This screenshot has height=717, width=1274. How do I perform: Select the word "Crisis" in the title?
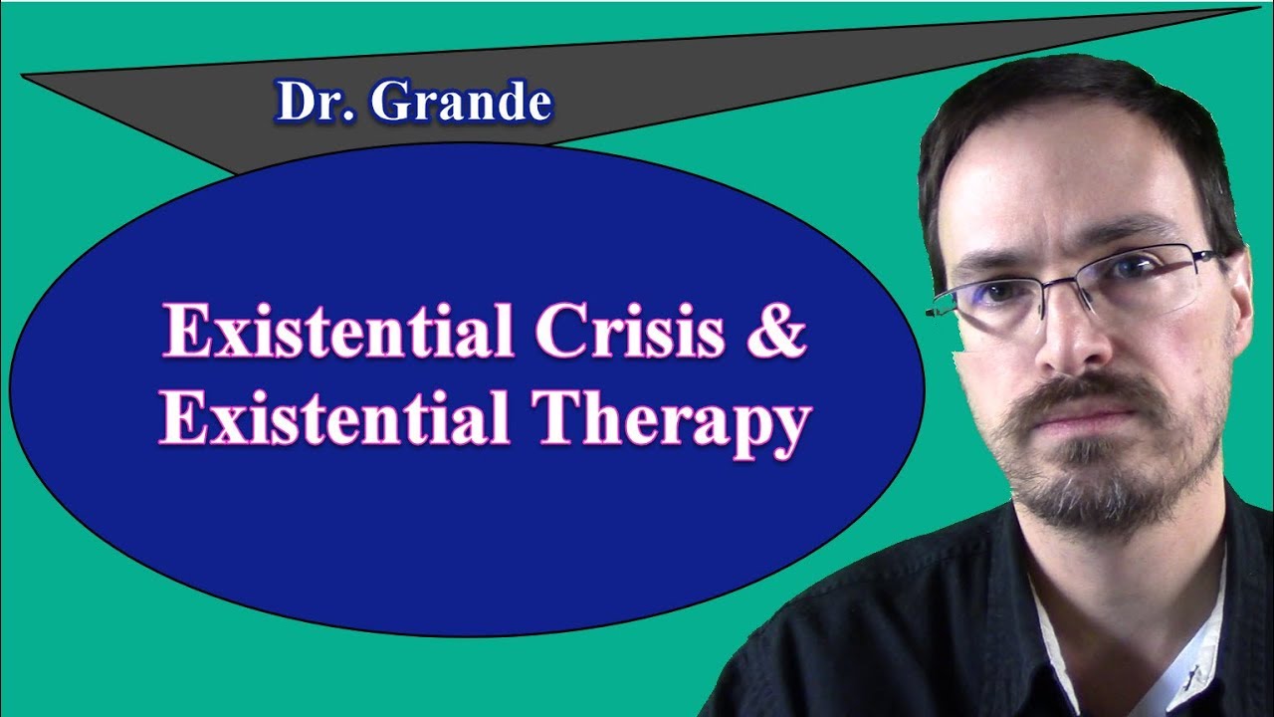point(623,333)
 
